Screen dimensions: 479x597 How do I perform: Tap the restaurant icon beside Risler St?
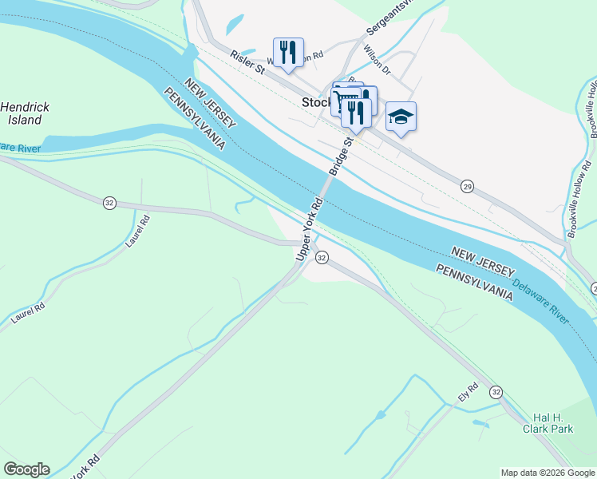point(288,53)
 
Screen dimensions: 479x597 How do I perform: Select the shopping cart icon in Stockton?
point(346,98)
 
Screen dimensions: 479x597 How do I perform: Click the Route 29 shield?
point(467,185)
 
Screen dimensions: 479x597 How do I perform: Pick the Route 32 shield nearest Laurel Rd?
point(109,203)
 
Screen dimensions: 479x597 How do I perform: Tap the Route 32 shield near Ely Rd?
point(496,392)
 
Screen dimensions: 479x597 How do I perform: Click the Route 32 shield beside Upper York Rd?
point(322,257)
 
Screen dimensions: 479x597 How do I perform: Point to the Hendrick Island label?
point(24,113)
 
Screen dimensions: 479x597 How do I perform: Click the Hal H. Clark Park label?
point(553,423)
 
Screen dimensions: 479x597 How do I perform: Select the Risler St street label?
point(247,61)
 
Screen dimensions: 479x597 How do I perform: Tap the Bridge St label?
point(341,156)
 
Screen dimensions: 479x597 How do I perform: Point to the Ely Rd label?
point(467,393)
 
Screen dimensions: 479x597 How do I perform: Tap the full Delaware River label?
point(540,300)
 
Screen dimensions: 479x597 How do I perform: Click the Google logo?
point(26,469)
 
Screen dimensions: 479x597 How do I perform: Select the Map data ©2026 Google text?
point(547,473)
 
